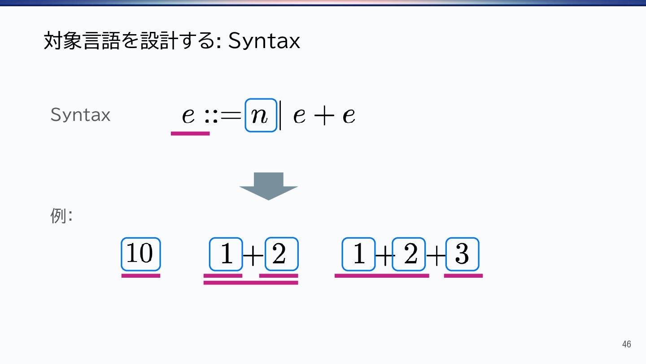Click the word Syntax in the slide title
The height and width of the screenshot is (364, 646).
point(264,42)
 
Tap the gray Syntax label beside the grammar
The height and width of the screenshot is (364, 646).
point(80,115)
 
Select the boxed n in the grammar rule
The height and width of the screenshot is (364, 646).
point(261,115)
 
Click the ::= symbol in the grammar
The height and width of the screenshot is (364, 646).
point(223,116)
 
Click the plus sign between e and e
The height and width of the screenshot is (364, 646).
point(323,116)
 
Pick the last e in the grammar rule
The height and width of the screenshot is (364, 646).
point(349,116)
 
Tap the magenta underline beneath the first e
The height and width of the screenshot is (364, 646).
point(190,133)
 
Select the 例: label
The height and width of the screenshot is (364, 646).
point(61,216)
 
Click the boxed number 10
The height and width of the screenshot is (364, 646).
point(140,254)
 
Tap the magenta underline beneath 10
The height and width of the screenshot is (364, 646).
point(140,275)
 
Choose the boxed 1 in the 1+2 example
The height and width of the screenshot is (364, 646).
point(226,254)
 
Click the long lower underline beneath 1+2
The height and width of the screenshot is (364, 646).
point(251,283)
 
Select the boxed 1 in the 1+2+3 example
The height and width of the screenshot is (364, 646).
point(358,254)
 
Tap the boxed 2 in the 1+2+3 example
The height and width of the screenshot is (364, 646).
point(409,254)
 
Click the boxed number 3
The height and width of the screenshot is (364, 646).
point(462,254)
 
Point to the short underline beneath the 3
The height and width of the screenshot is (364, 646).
point(463,275)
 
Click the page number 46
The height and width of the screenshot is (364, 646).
point(626,344)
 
